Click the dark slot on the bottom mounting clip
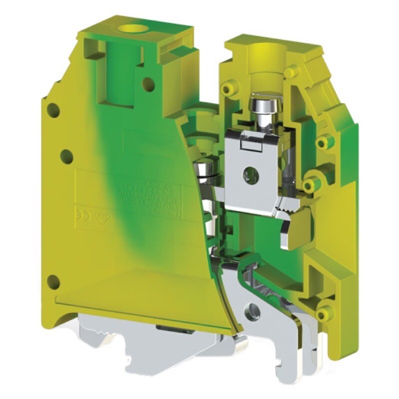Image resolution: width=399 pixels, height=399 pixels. (169, 328)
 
